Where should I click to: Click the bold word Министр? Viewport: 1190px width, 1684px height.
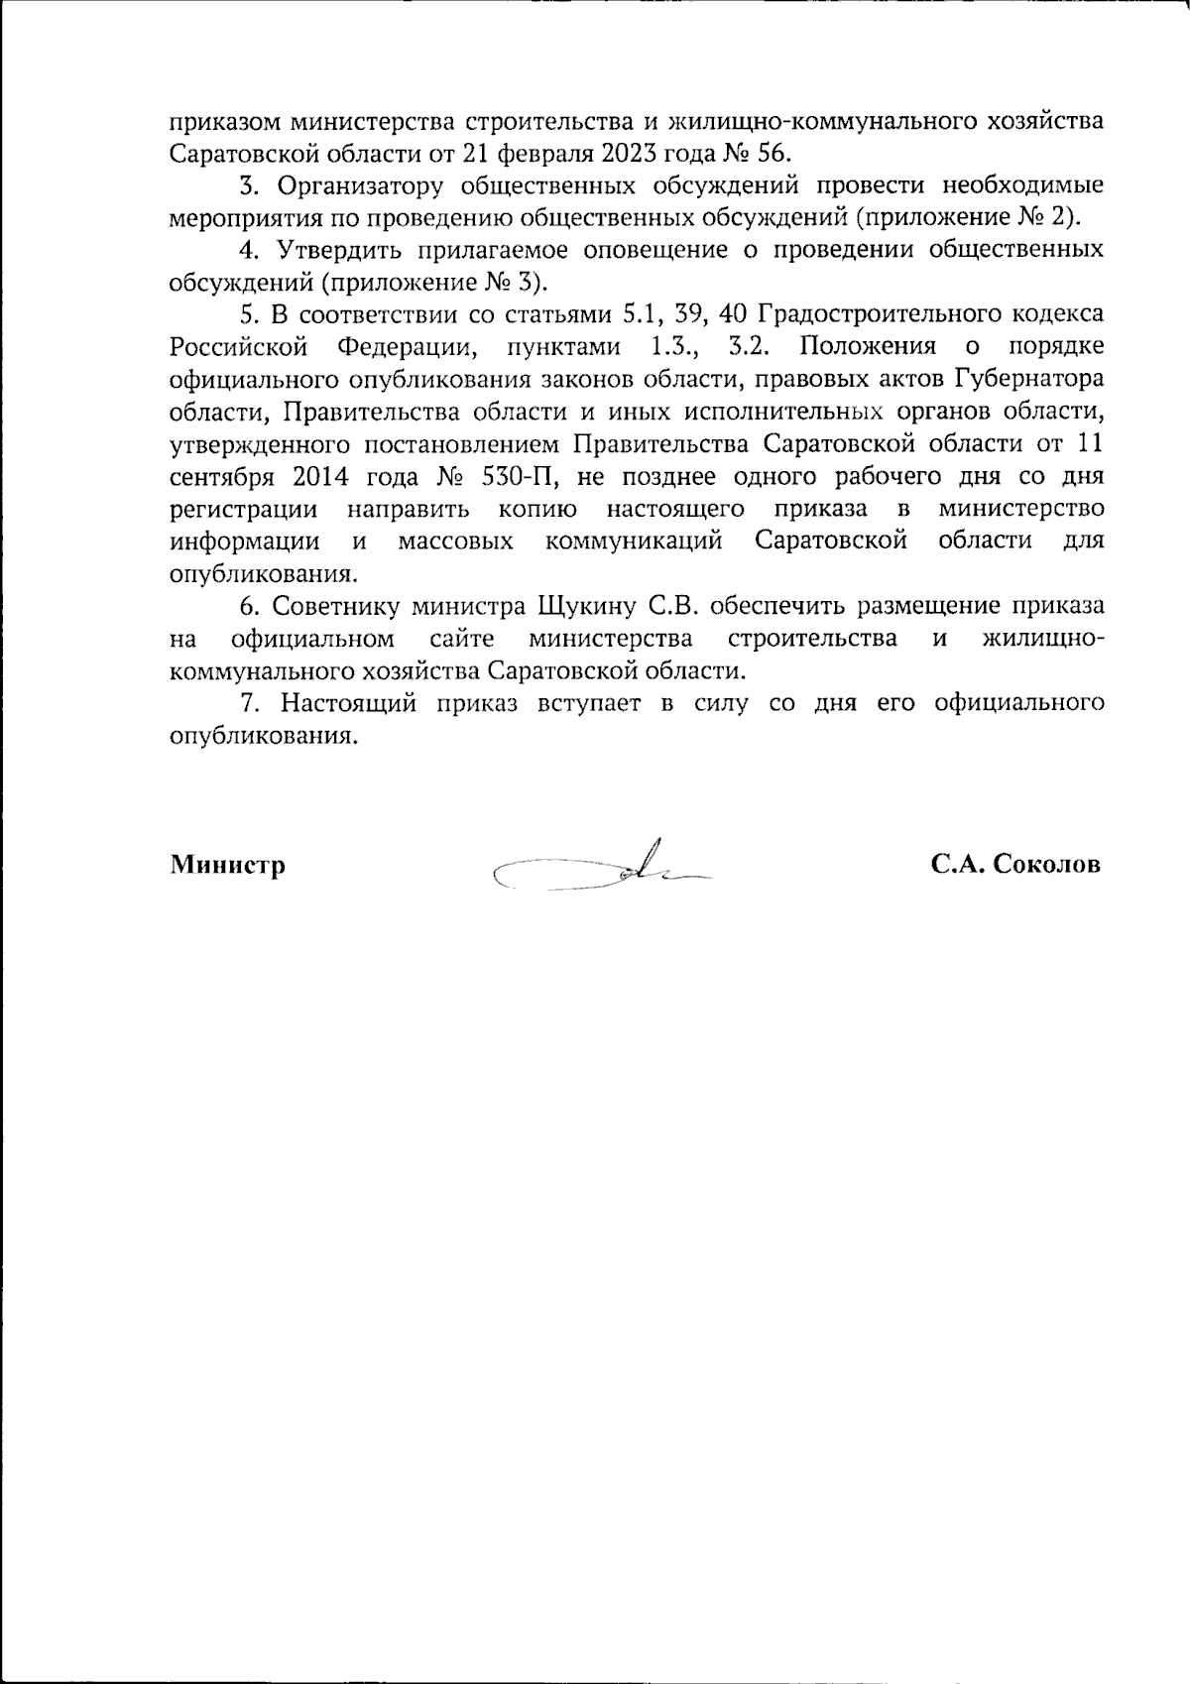(228, 865)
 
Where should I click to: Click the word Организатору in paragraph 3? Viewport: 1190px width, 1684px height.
(355, 185)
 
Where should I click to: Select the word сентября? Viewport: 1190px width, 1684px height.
(221, 476)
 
